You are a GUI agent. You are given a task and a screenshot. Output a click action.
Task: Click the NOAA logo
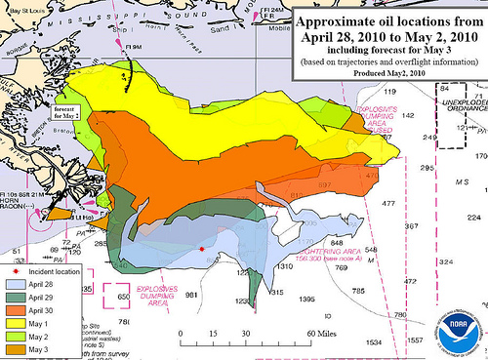pos(460,328)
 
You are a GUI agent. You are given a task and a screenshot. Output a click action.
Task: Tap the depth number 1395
pos(306,298)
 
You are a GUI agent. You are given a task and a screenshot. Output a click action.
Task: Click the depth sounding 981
pos(192,294)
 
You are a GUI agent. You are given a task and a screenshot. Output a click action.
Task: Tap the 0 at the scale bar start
pos(183,332)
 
